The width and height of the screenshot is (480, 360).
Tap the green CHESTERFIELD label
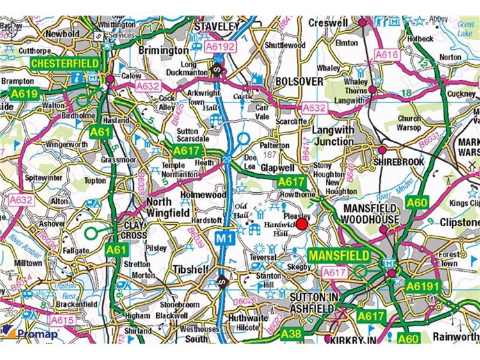(65, 63)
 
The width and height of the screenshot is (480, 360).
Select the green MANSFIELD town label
(339, 255)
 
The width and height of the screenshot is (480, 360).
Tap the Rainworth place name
(456, 336)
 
